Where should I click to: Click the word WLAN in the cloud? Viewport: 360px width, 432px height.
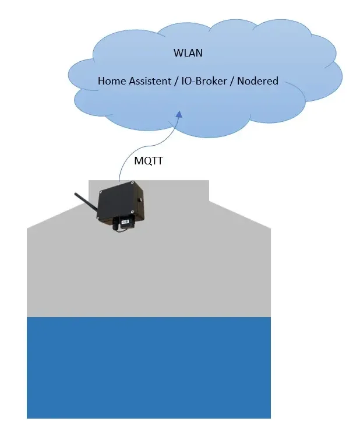click(x=188, y=53)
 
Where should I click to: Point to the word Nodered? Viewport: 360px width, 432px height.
click(x=258, y=81)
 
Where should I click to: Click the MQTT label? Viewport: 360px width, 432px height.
click(x=149, y=161)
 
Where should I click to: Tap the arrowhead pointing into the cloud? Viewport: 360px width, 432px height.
click(x=178, y=115)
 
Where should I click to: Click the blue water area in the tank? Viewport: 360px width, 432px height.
click(x=149, y=367)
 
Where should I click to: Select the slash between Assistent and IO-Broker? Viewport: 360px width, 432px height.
click(x=177, y=81)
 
